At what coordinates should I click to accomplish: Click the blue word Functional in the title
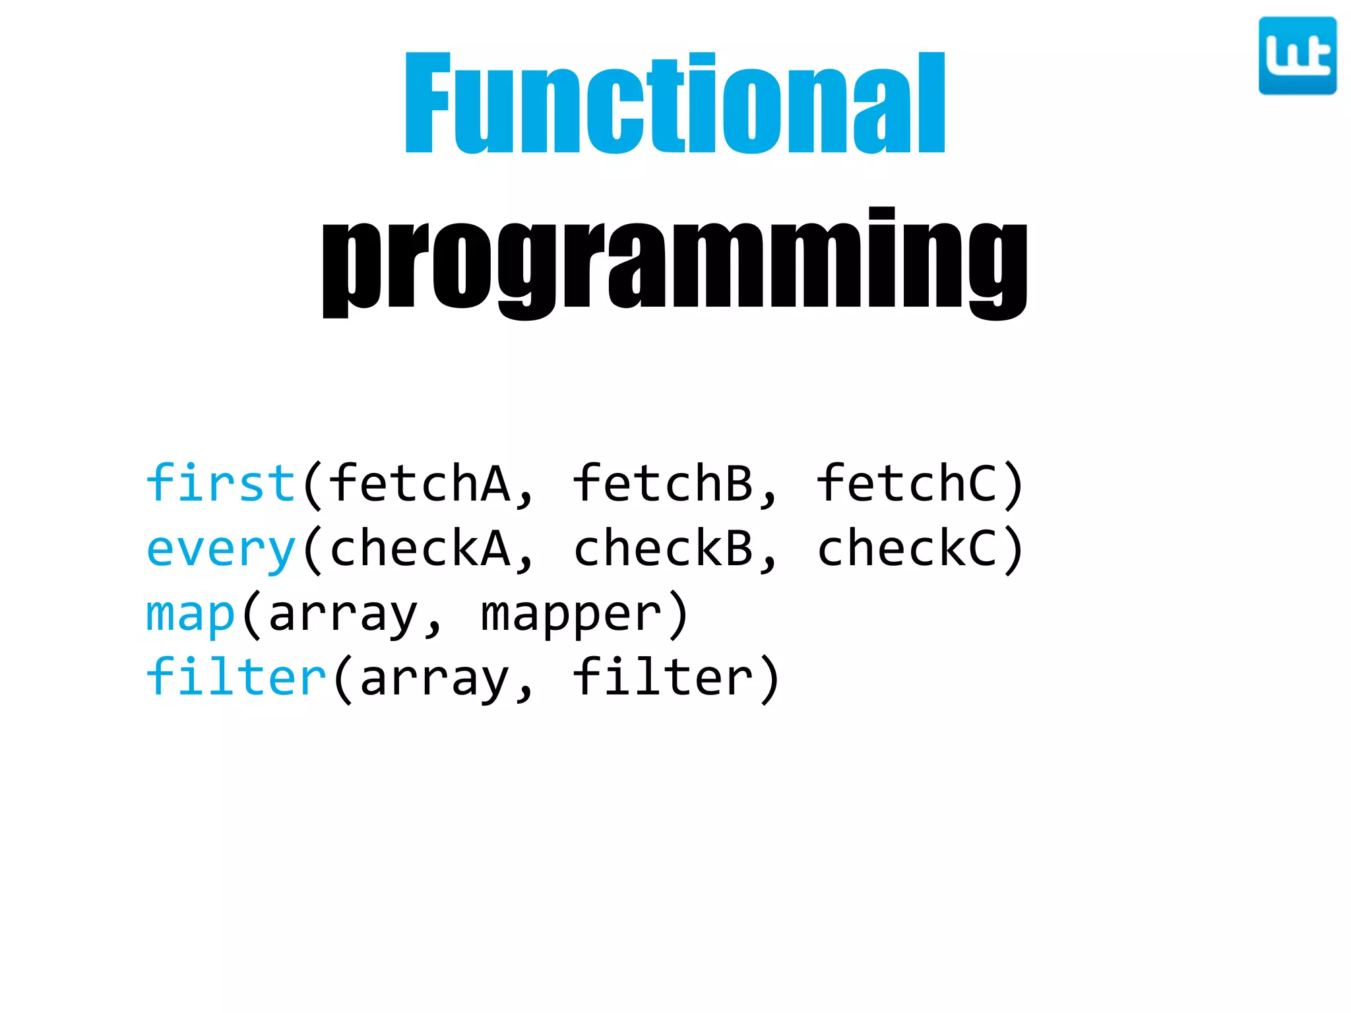coord(675,104)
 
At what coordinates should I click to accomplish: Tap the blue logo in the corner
coord(1297,56)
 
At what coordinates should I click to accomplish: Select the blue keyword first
coord(220,483)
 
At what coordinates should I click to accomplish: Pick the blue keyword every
coord(220,549)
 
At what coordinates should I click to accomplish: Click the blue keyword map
coord(190,614)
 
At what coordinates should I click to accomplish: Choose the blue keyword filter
coord(236,678)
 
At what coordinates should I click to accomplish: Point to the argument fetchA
coord(420,483)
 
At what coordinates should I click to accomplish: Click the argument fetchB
coord(663,483)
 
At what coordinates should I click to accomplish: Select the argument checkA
coord(420,549)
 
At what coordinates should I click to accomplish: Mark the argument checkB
coord(663,549)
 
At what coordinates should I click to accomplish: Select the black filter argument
coord(663,678)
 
